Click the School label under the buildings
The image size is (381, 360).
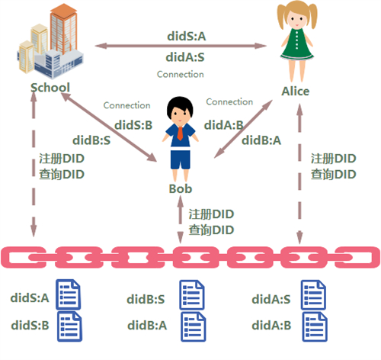click(50, 88)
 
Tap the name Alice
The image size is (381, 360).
click(296, 92)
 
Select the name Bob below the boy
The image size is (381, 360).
click(181, 188)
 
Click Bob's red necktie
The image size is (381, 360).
click(180, 133)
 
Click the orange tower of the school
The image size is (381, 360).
click(63, 28)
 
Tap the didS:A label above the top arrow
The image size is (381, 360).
click(187, 36)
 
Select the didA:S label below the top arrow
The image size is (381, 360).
click(185, 57)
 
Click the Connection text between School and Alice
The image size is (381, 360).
click(181, 74)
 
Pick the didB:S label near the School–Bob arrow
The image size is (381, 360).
click(91, 140)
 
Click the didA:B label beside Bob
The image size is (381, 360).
click(223, 125)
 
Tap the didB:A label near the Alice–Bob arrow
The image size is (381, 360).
click(261, 140)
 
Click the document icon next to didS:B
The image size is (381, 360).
click(69, 326)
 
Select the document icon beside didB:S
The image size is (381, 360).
click(192, 294)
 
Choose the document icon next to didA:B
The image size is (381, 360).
click(315, 326)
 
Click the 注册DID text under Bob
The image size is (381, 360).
click(211, 214)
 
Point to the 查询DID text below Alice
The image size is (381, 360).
click(334, 175)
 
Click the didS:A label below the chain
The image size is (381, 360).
click(30, 297)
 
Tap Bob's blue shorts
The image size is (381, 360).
click(181, 159)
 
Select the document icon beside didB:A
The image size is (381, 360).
click(194, 326)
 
